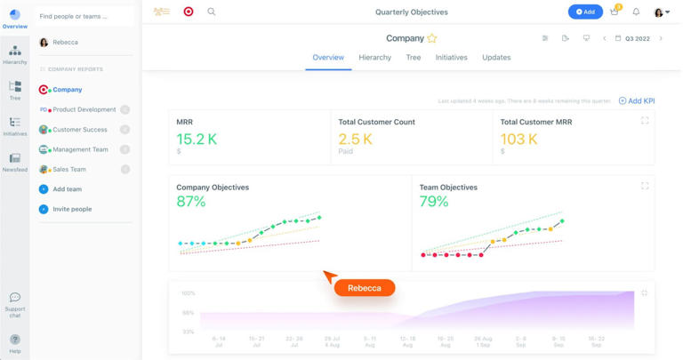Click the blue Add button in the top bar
(x=585, y=12)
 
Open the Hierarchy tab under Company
(x=374, y=58)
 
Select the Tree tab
(x=414, y=58)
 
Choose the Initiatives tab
(x=451, y=58)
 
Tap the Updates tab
(x=496, y=58)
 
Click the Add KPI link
(x=637, y=101)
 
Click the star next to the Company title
(x=432, y=39)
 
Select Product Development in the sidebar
(x=84, y=109)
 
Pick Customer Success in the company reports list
(x=80, y=130)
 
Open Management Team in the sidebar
(x=80, y=149)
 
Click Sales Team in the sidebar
(x=69, y=169)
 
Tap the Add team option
(x=67, y=189)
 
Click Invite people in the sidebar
(x=72, y=209)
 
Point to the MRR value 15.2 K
(x=197, y=139)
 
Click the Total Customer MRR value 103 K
(x=518, y=139)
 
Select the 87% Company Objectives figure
(x=191, y=202)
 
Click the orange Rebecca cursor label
(x=365, y=288)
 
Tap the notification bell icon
(x=636, y=12)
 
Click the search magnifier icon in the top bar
(x=212, y=12)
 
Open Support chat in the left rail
(x=15, y=303)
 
